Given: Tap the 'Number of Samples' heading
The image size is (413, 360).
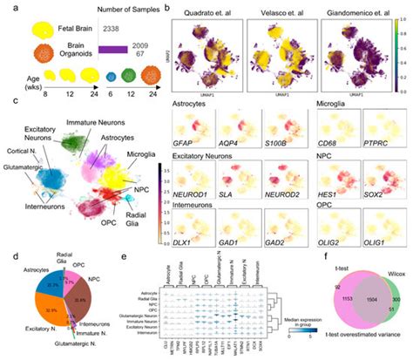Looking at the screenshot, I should pos(134,10).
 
